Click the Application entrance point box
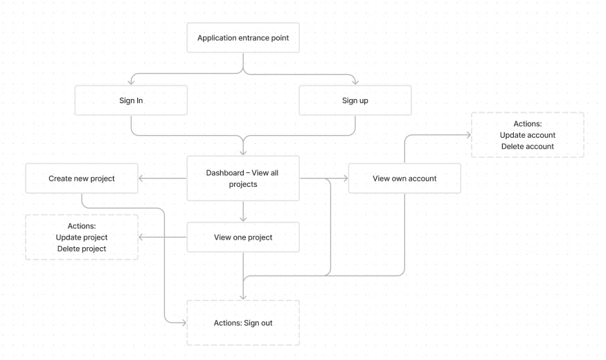tap(242, 38)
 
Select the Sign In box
tap(131, 100)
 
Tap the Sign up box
tap(355, 100)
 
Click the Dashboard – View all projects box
tap(242, 179)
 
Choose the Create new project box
tap(82, 179)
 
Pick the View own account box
tap(404, 179)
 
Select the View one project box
tap(242, 237)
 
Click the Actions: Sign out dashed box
tap(242, 323)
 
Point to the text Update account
tap(527, 135)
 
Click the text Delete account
tap(527, 146)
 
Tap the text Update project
tap(82, 237)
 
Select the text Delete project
tap(82, 249)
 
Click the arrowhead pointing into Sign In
tap(131, 82)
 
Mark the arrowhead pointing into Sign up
tap(355, 82)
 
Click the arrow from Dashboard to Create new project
tap(163, 179)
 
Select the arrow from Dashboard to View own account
tap(323, 179)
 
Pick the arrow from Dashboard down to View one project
tap(243, 211)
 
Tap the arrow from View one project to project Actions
tap(163, 237)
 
